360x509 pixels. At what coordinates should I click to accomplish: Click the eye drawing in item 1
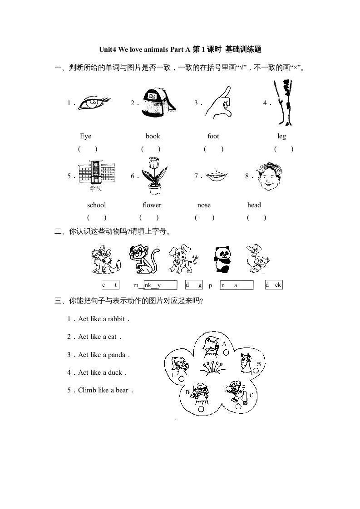[94, 103]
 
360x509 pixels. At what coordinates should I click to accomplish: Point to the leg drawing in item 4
[284, 103]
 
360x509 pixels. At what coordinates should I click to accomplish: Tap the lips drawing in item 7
[217, 176]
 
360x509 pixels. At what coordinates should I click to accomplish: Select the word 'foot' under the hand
[213, 136]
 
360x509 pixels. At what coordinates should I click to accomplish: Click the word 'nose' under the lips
[204, 205]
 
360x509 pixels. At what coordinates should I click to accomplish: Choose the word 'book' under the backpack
[153, 136]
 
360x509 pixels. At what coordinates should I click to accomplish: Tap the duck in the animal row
[258, 259]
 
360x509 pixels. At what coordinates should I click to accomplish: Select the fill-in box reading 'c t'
[110, 285]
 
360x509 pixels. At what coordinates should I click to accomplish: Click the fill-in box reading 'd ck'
[274, 285]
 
